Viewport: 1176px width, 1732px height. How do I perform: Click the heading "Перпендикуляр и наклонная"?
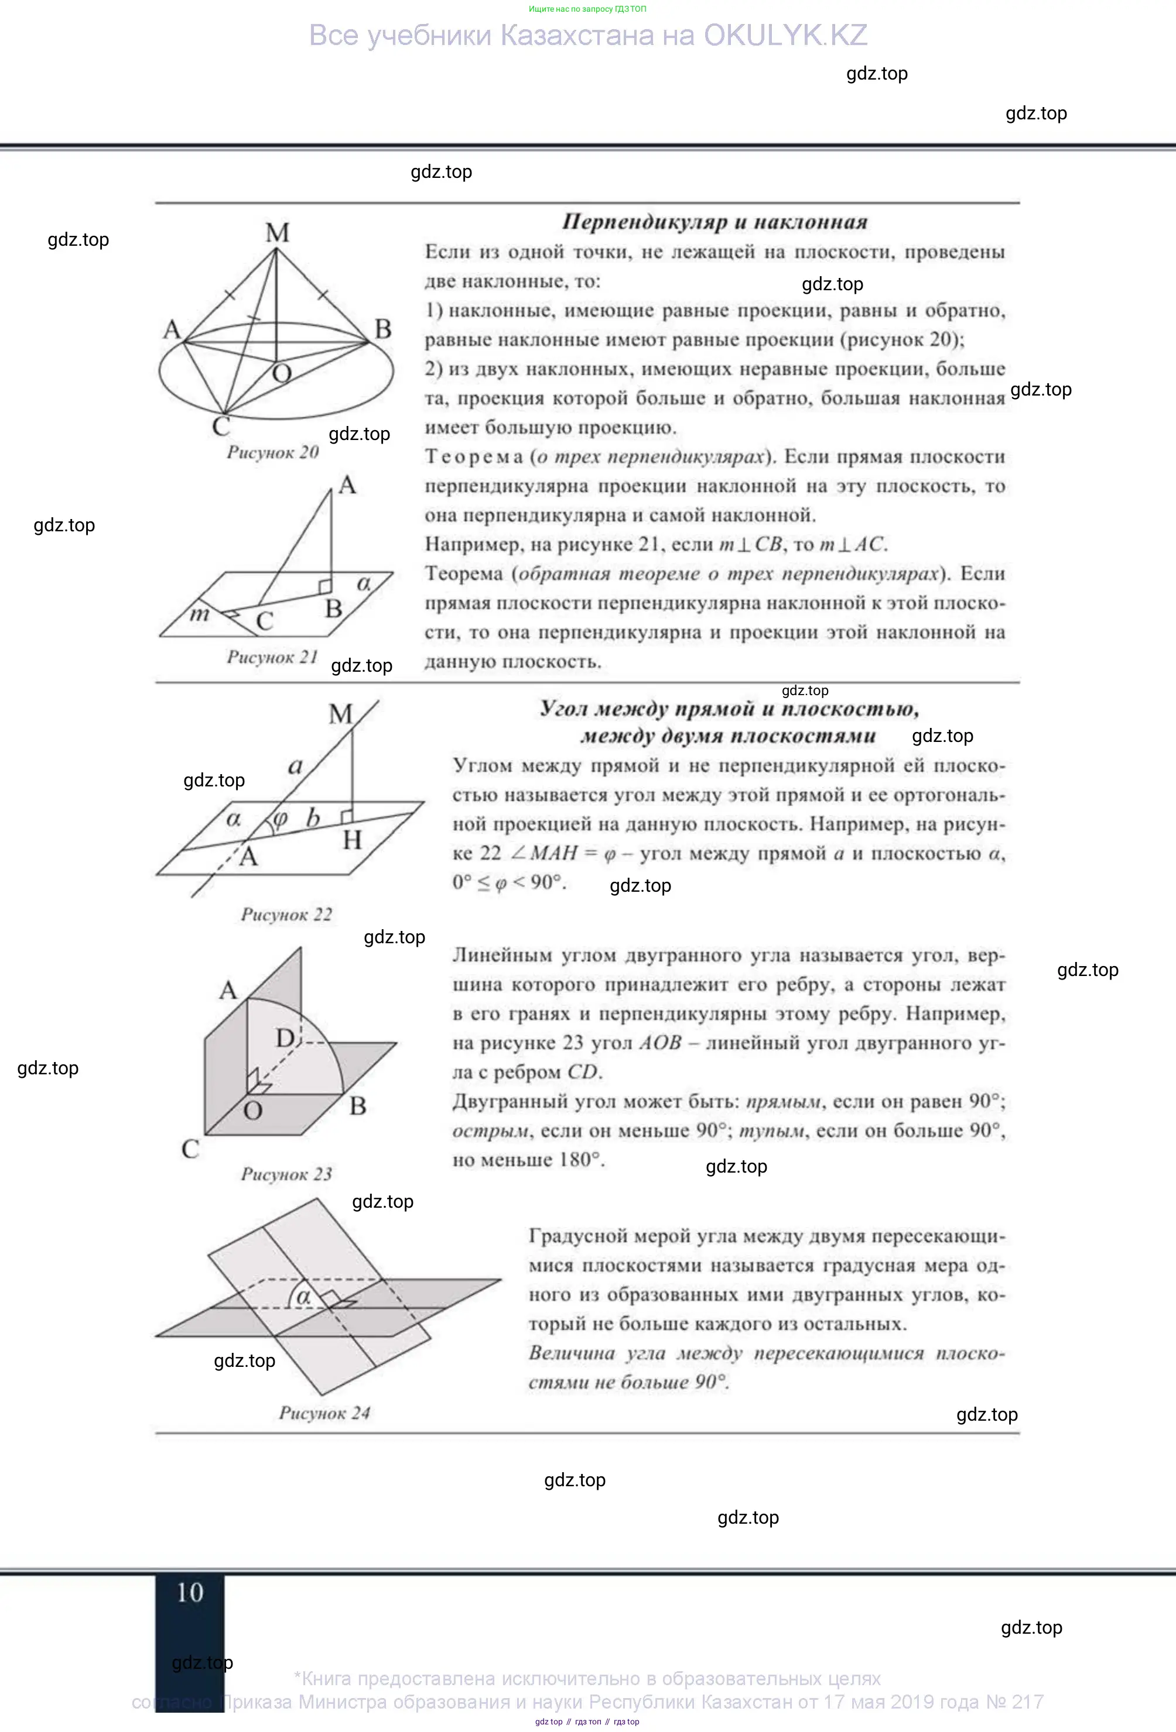(x=715, y=222)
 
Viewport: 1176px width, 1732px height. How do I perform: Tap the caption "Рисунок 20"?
(x=273, y=452)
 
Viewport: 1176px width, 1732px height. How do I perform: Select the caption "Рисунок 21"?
(x=272, y=657)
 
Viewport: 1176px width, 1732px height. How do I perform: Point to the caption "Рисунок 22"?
(x=286, y=915)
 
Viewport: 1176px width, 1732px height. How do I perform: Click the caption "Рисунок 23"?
(x=286, y=1174)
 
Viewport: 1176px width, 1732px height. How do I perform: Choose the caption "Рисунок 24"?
(x=324, y=1413)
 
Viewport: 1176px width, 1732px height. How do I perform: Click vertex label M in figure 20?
(x=278, y=233)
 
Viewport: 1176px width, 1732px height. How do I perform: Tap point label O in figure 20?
(x=282, y=373)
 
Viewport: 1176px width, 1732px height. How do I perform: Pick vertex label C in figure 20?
(x=221, y=427)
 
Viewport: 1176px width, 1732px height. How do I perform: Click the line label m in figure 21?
(x=199, y=614)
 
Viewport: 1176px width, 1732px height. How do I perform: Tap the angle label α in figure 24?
(x=303, y=1297)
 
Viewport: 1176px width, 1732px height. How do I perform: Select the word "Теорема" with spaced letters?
(x=474, y=457)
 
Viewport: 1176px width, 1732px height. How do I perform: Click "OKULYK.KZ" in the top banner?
(x=785, y=36)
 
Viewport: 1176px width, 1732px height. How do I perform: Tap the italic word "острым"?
(x=490, y=1130)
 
